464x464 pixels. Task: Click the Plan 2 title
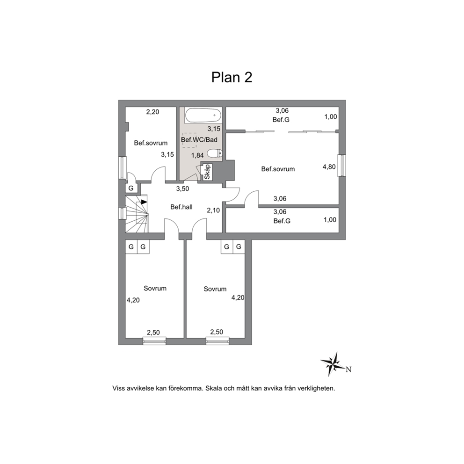tap(232, 77)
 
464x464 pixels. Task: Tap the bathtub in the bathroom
tap(203, 116)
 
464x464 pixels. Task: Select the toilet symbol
tap(215, 153)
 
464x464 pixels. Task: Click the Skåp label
tap(207, 172)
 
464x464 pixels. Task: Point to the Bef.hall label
tap(181, 207)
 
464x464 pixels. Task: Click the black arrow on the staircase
tap(144, 202)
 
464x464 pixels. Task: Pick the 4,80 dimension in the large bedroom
tap(329, 167)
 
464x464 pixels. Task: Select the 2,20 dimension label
tap(152, 112)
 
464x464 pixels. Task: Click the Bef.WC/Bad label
tap(199, 140)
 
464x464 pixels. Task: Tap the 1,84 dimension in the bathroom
tap(197, 155)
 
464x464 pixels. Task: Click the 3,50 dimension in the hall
tap(182, 189)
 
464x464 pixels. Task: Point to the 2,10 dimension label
tap(213, 210)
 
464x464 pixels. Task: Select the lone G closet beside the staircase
tap(131, 188)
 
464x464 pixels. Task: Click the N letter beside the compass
tap(348, 370)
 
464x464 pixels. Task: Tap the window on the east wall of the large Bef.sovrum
tap(342, 166)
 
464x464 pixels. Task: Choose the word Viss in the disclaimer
tap(118, 388)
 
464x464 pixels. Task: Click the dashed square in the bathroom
tap(189, 140)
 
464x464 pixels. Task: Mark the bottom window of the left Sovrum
tap(154, 341)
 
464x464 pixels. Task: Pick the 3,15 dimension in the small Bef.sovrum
tap(167, 154)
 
